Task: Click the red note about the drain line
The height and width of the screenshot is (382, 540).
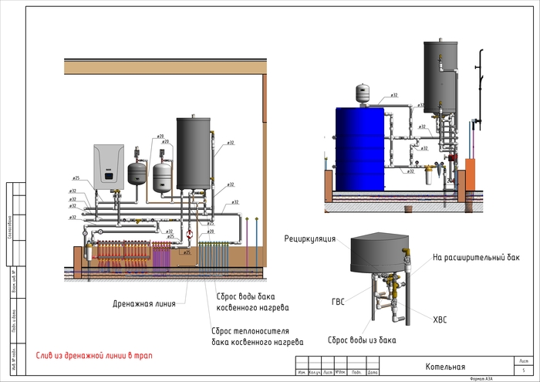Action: pos(93,356)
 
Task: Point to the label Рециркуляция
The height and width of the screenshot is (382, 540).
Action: pos(309,239)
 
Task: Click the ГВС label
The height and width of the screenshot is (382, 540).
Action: pos(338,302)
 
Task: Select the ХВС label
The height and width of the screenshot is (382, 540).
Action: pos(440,319)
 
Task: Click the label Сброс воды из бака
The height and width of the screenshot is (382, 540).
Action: pos(362,340)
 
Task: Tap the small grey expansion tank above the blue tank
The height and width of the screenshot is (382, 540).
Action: pos(363,92)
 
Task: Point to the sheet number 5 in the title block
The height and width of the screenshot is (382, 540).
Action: pos(523,372)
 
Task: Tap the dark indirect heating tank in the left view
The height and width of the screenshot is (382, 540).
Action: pos(193,153)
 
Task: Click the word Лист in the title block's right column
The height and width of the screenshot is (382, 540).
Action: pos(523,360)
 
